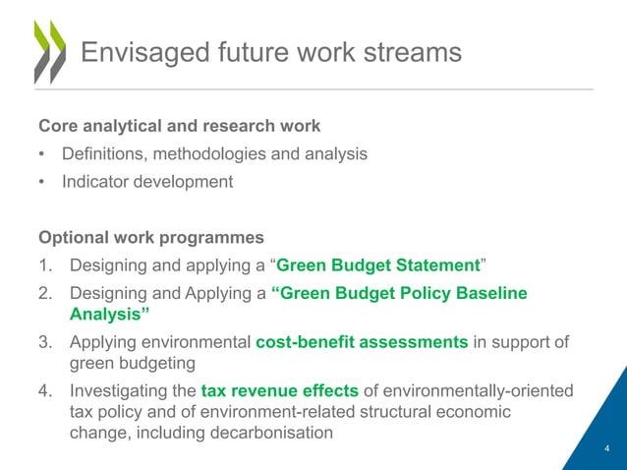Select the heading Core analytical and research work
point(179,127)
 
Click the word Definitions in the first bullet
point(106,154)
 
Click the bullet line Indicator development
point(146,182)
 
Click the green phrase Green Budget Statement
point(379,266)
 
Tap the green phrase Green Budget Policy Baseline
point(399,293)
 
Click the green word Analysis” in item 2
point(110,315)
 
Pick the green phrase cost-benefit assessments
point(362,342)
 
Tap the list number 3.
point(45,342)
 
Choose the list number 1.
point(45,266)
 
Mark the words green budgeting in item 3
point(127,363)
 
